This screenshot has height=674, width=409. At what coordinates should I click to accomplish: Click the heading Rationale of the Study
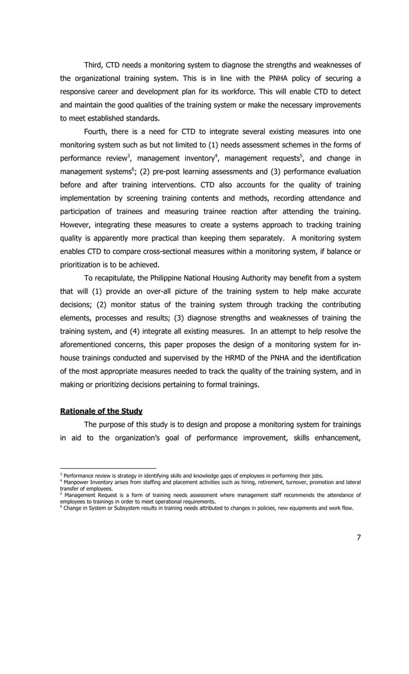click(x=101, y=410)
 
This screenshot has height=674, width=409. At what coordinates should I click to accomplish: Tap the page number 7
click(x=358, y=537)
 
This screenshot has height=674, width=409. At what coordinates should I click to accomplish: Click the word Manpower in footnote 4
click(x=77, y=482)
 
